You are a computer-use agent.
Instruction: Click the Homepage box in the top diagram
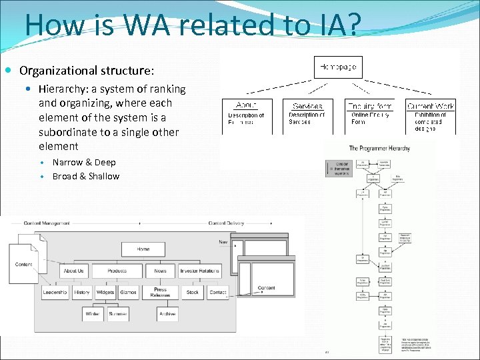(338, 67)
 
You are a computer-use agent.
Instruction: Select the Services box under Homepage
(307, 105)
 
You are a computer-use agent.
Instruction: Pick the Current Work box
(431, 105)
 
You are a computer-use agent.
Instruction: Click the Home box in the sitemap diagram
(143, 249)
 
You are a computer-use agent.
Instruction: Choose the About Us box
(73, 271)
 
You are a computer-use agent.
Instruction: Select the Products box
(117, 271)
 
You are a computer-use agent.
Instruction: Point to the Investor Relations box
(199, 271)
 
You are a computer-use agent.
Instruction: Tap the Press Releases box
(161, 293)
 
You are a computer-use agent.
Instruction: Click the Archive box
(167, 313)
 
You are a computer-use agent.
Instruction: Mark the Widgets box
(105, 293)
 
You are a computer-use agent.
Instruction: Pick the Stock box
(193, 293)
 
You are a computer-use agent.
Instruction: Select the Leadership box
(55, 293)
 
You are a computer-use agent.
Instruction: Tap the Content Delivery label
(227, 223)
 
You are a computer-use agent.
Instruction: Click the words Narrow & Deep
(84, 163)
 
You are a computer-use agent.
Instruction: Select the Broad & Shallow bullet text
(86, 177)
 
